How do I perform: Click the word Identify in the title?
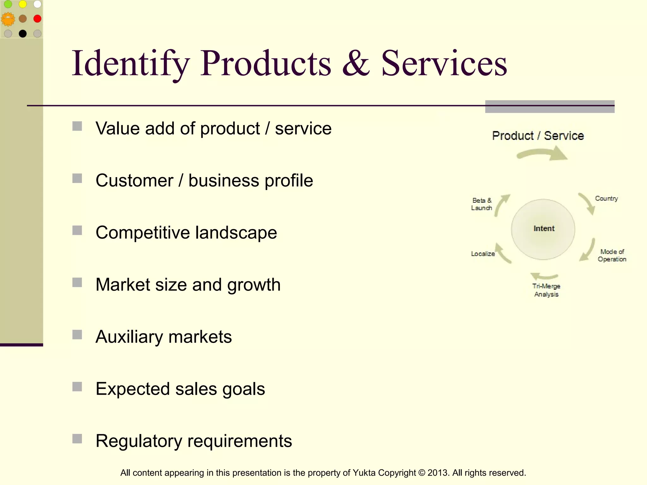130,64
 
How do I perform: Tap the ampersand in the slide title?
356,64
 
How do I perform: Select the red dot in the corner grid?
37,19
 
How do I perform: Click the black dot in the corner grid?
23,33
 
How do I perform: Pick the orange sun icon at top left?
8,19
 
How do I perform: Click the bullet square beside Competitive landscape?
77,231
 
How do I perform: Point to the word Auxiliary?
129,337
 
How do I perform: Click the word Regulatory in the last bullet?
139,441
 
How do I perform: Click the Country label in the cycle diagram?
606,199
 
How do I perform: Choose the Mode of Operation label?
612,255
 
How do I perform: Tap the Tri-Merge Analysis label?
546,290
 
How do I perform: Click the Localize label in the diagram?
483,254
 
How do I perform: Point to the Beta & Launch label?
481,204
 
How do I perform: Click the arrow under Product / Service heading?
543,154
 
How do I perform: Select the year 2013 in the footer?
438,473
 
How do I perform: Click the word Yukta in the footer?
364,473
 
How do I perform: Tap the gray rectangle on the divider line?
550,107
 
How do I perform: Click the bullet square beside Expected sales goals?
77,387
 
